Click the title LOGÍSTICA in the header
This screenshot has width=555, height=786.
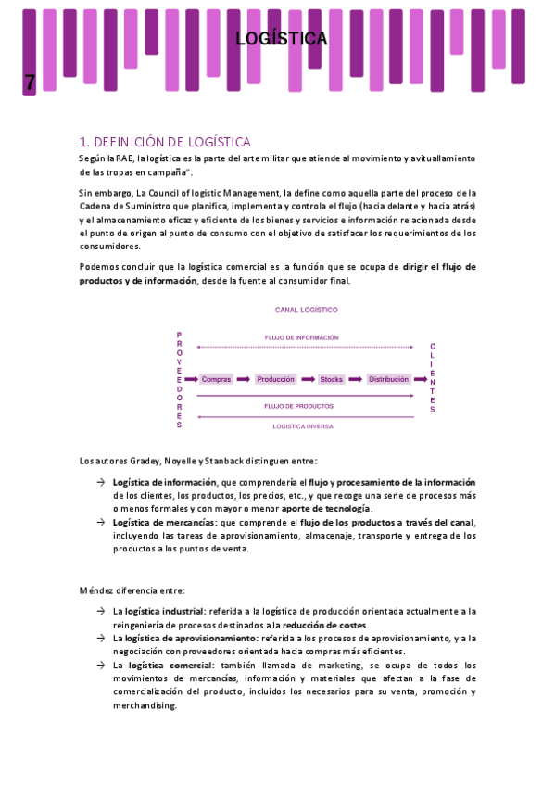tap(281, 39)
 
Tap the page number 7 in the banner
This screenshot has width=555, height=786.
tap(30, 82)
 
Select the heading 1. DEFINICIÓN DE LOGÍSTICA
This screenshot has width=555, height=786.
tap(165, 142)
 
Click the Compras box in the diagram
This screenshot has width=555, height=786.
tap(216, 379)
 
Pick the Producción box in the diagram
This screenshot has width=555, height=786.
tap(275, 379)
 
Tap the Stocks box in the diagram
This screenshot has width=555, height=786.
tap(331, 379)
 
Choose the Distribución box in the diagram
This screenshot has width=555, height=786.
tap(388, 379)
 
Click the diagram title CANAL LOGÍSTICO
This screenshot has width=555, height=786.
tap(306, 310)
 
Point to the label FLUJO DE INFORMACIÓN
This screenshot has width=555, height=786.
tap(301, 337)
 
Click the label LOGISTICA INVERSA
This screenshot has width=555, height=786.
tap(303, 426)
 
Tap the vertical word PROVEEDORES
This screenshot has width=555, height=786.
tap(179, 379)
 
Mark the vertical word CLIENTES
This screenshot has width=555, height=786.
tap(432, 378)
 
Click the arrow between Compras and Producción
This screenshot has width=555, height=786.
tap(243, 379)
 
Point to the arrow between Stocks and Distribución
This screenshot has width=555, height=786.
tap(356, 379)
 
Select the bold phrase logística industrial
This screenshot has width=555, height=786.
tap(165, 612)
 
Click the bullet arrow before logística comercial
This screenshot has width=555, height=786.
tap(99, 666)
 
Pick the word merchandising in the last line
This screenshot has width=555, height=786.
tap(145, 705)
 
